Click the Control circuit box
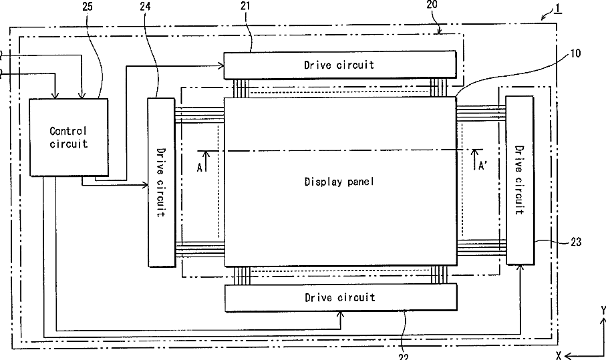tap(69, 137)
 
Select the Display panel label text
tap(339, 182)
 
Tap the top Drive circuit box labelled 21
tap(340, 65)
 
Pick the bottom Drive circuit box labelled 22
tap(341, 297)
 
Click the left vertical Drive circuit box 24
tap(162, 182)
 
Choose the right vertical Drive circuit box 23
tap(520, 180)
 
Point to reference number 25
tap(88, 7)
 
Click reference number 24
tap(146, 7)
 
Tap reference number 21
tap(245, 6)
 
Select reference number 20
tap(432, 5)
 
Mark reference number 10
tap(575, 53)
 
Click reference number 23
tap(576, 242)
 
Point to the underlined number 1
tap(558, 9)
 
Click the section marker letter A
tap(199, 168)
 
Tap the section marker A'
tap(482, 166)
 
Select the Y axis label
tap(603, 310)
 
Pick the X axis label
tap(559, 355)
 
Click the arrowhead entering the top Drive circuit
tap(221, 66)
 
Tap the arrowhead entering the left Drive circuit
tap(145, 186)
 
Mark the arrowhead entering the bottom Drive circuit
tap(341, 315)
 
